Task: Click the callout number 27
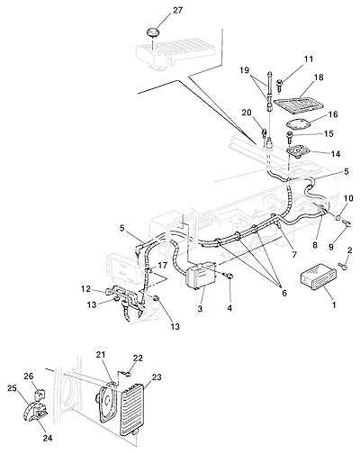click(x=177, y=10)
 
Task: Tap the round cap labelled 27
click(x=153, y=32)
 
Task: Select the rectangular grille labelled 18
click(x=300, y=103)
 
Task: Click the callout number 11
click(x=308, y=59)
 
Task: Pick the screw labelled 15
click(x=291, y=137)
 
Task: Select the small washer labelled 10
click(x=338, y=218)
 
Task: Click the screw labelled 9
click(x=347, y=223)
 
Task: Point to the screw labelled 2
click(x=343, y=265)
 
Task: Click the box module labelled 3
click(x=201, y=276)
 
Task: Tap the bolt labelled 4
click(x=229, y=276)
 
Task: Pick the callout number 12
click(x=85, y=288)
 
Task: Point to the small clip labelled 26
click(x=40, y=394)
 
